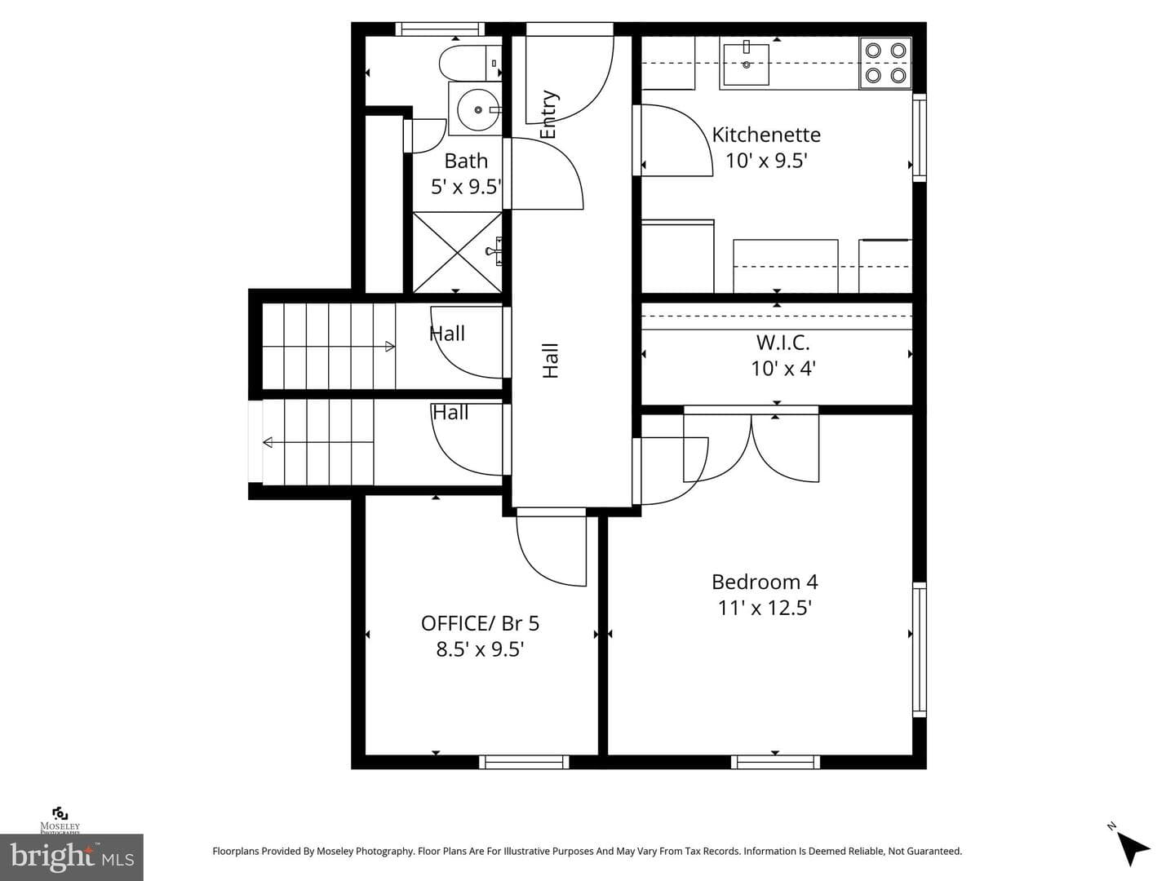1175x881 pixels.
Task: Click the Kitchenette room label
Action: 766,135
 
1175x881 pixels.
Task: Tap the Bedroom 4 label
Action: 765,582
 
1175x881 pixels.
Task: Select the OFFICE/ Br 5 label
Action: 480,624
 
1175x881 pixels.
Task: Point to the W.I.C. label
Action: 783,343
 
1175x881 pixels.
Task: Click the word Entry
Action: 548,114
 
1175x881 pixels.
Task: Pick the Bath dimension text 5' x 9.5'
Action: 466,187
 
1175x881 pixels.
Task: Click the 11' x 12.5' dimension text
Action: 765,609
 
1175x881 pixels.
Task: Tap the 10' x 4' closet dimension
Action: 783,369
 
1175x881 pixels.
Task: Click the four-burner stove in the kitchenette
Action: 885,63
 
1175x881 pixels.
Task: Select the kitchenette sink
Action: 747,64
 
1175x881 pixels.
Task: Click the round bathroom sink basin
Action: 477,110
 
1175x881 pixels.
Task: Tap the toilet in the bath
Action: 470,63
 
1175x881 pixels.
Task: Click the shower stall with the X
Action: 458,253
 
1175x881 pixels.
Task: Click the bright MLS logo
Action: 72,857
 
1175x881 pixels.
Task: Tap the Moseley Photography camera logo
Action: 60,813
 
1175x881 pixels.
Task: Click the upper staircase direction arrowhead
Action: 390,348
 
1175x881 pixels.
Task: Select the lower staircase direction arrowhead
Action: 268,442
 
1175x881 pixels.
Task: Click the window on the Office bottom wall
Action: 524,762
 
